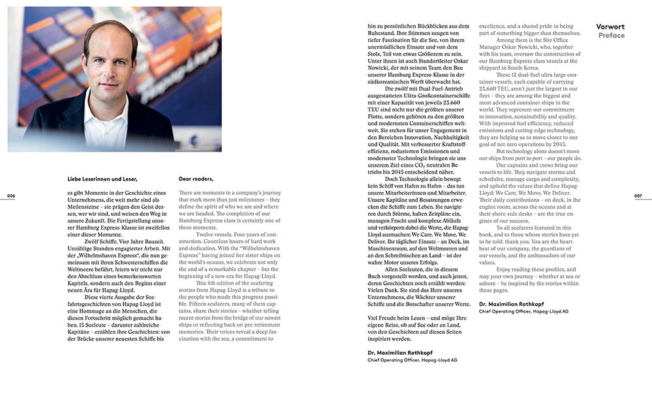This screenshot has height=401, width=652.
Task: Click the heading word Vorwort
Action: tap(610, 27)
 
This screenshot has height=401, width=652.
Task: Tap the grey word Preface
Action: tap(611, 36)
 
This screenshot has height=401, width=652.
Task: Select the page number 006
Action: tap(10, 196)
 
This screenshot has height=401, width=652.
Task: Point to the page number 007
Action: tap(638, 196)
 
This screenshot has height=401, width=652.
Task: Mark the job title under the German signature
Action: tap(411, 360)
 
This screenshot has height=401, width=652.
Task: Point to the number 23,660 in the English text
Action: tap(489, 88)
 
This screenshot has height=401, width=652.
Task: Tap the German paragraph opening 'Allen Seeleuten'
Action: tap(404, 269)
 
